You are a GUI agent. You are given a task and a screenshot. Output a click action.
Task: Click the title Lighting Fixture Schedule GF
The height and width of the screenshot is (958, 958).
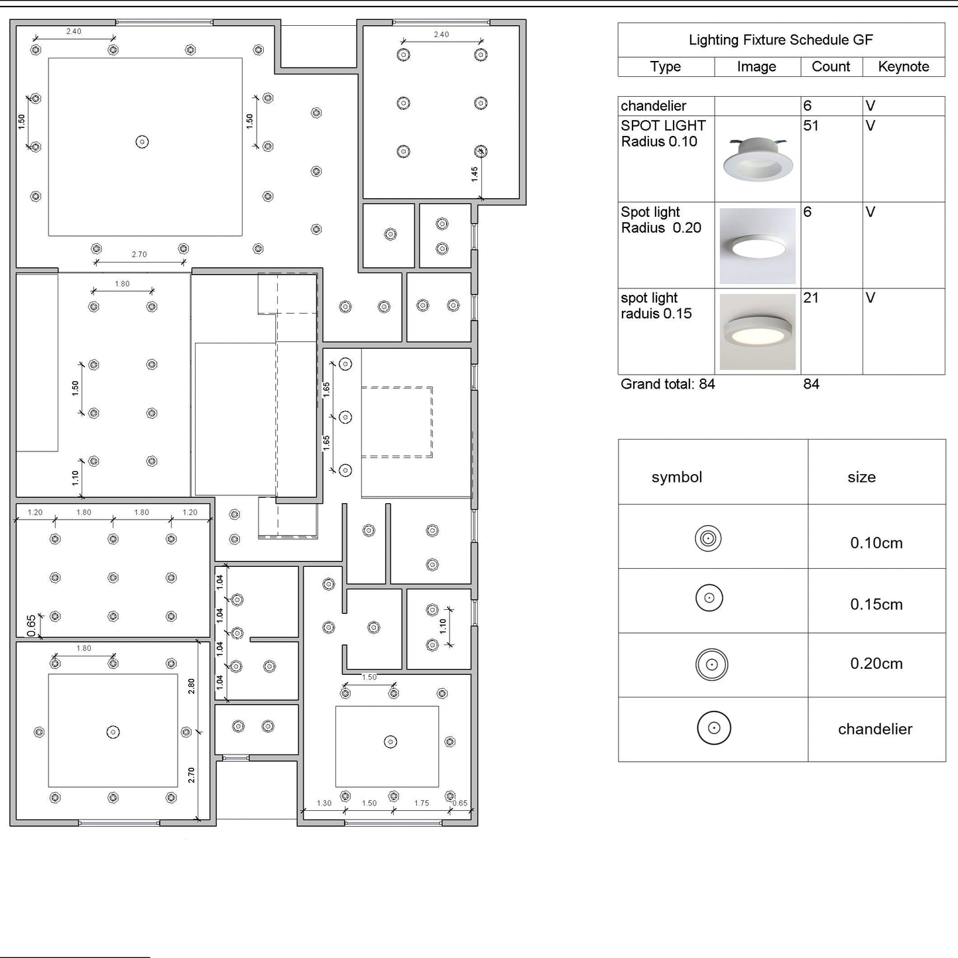pyautogui.click(x=780, y=40)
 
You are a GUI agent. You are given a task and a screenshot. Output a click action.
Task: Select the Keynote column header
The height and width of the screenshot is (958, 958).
pyautogui.click(x=904, y=66)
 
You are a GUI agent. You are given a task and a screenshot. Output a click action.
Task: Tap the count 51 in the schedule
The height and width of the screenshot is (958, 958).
pyautogui.click(x=811, y=126)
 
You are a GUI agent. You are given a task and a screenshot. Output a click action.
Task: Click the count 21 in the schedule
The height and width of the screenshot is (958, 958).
pyautogui.click(x=811, y=298)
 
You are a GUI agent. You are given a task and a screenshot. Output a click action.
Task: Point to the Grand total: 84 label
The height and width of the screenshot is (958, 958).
pyautogui.click(x=668, y=384)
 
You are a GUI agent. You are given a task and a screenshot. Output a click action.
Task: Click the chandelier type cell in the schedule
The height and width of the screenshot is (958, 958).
pyautogui.click(x=653, y=106)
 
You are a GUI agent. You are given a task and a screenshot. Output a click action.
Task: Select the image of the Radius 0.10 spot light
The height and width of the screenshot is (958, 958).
pyautogui.click(x=758, y=158)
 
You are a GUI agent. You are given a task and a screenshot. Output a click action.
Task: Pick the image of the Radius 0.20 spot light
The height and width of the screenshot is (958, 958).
pyautogui.click(x=758, y=245)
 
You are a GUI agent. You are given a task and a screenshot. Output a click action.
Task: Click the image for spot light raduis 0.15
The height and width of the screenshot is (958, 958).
pyautogui.click(x=758, y=331)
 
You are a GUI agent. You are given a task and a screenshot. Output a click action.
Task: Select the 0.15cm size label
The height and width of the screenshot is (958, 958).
pyautogui.click(x=876, y=604)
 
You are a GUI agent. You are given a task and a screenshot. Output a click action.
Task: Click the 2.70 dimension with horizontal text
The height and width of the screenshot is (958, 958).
pyautogui.click(x=139, y=255)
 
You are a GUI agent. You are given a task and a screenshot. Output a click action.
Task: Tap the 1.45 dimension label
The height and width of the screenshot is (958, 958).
pyautogui.click(x=475, y=174)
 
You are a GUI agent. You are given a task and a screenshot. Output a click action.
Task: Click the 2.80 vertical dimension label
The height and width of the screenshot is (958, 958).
pyautogui.click(x=192, y=687)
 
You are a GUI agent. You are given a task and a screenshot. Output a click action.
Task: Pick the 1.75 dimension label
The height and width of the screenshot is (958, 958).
pyautogui.click(x=422, y=803)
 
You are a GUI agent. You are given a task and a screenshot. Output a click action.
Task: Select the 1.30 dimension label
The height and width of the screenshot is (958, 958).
pyautogui.click(x=324, y=803)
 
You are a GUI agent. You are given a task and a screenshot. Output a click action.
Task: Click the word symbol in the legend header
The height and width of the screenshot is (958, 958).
pyautogui.click(x=677, y=477)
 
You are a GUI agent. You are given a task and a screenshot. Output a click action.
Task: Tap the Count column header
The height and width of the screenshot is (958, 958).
pyautogui.click(x=831, y=66)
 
